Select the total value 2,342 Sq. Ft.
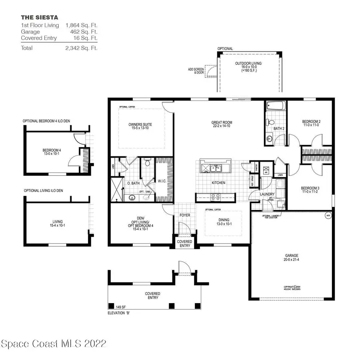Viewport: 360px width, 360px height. coord(82,48)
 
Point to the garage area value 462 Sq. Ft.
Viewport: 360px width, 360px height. coord(82,32)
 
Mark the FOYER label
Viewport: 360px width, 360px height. coord(184,215)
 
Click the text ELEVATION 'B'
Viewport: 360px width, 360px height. coord(119,313)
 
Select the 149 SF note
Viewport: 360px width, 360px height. coord(116,307)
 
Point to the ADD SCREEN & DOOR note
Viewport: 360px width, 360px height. coord(196,71)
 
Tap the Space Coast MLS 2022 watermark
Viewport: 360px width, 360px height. coord(54,344)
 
